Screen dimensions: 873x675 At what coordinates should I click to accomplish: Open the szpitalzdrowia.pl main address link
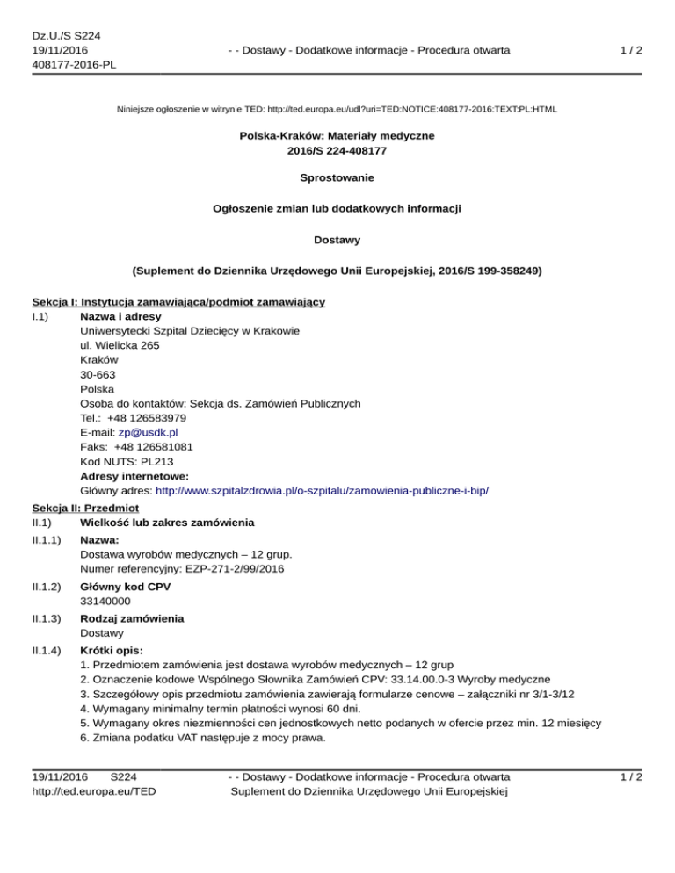[x=322, y=488]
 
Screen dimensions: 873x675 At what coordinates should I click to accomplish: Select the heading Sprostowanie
[x=337, y=177]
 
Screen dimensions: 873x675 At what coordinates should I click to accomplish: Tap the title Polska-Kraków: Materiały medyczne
[x=337, y=136]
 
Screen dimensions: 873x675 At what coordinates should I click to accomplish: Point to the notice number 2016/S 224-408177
[x=337, y=150]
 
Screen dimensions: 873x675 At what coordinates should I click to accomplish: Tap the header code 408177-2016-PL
[x=74, y=64]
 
